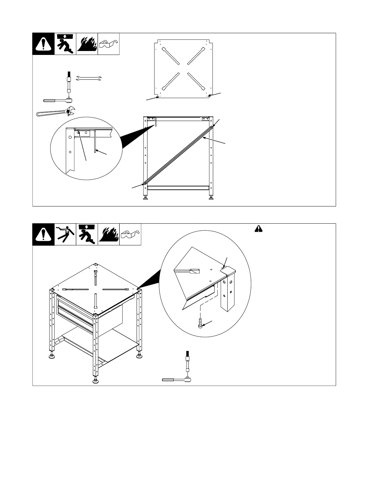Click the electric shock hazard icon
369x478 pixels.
pyautogui.click(x=65, y=234)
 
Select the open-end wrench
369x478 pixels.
pyautogui.click(x=88, y=78)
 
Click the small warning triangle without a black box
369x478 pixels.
pyautogui.click(x=258, y=229)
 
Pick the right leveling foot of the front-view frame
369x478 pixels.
pyautogui.click(x=210, y=198)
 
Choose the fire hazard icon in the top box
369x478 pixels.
pyautogui.click(x=87, y=44)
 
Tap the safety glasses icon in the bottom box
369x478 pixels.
pyautogui.click(x=131, y=234)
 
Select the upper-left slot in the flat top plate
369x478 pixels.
pyautogui.click(x=171, y=56)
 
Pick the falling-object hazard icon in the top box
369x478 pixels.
pyautogui.click(x=65, y=44)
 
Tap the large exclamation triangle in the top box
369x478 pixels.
pyautogui.click(x=43, y=44)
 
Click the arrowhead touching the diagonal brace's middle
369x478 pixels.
pyautogui.click(x=204, y=138)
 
